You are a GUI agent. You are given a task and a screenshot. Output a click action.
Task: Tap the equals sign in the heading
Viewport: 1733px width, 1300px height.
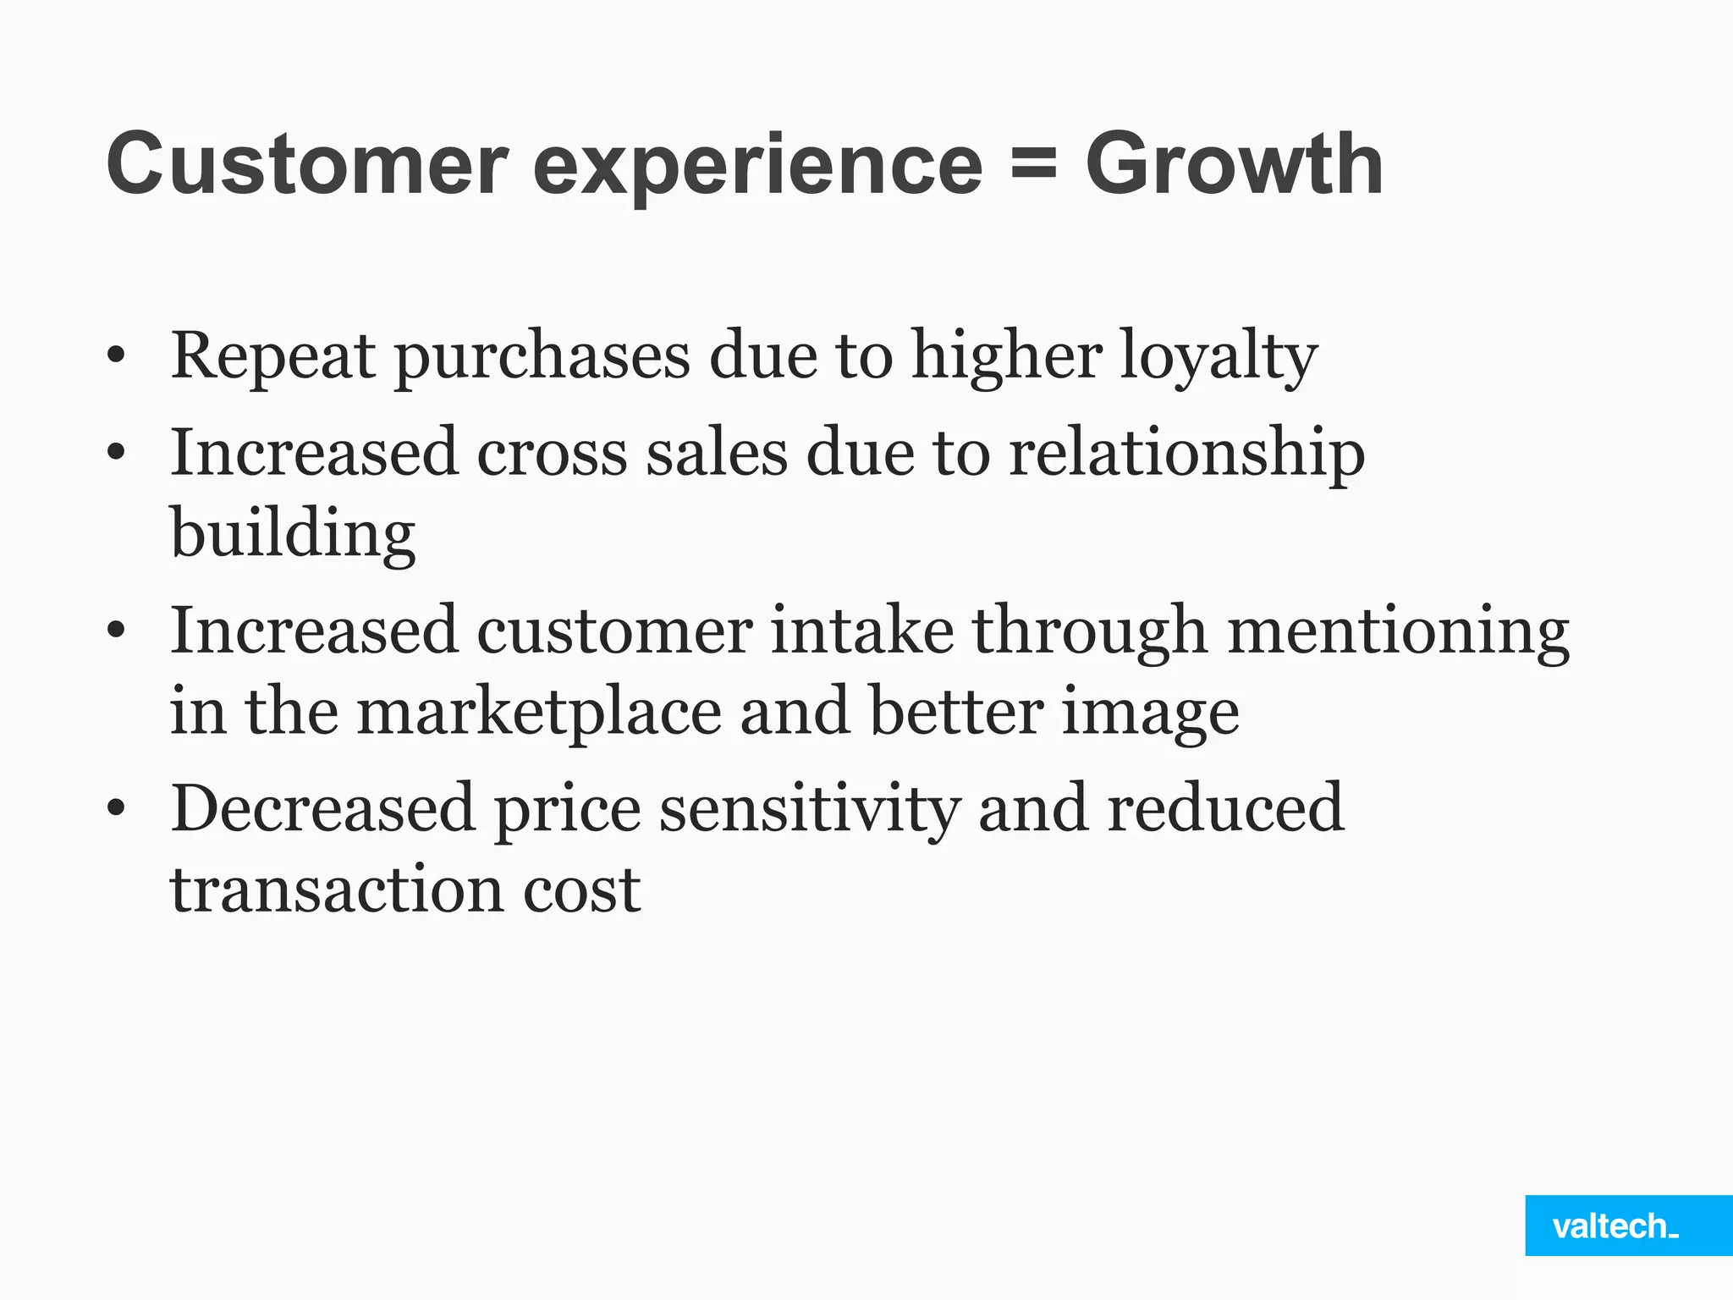coord(1033,163)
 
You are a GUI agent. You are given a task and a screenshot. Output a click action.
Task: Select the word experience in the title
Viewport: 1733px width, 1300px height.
coord(757,167)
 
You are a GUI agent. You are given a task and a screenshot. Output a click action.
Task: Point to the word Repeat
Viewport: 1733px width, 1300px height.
coord(272,357)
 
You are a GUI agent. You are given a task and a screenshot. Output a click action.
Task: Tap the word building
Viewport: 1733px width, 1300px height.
coord(293,535)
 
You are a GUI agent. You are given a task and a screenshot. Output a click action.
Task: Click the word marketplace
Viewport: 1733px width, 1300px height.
coord(539,713)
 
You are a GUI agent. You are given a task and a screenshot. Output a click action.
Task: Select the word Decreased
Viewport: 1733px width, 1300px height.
coord(322,808)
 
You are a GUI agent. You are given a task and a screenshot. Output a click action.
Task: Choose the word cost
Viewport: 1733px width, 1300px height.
coord(581,890)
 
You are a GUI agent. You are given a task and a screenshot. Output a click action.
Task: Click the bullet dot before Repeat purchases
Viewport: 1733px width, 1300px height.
coord(117,357)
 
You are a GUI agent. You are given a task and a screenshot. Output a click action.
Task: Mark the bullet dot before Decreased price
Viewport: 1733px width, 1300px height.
coord(117,809)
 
